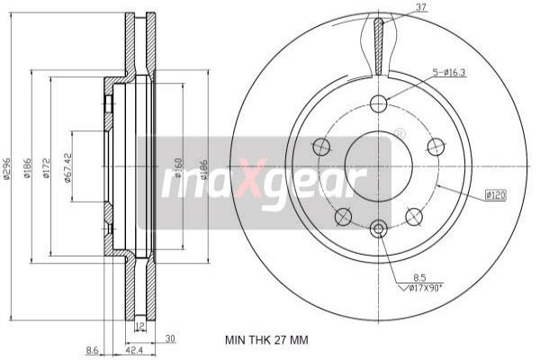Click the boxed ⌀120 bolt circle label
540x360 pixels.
point(495,193)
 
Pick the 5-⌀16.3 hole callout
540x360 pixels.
point(448,72)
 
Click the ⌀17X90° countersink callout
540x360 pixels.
point(422,288)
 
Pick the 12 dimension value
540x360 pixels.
point(139,326)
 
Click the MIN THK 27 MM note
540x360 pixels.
point(265,340)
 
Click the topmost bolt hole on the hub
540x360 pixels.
point(378,103)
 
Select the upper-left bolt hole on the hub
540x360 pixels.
point(321,146)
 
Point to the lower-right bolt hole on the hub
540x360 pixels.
point(414,216)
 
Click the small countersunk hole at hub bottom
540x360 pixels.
point(378,229)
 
